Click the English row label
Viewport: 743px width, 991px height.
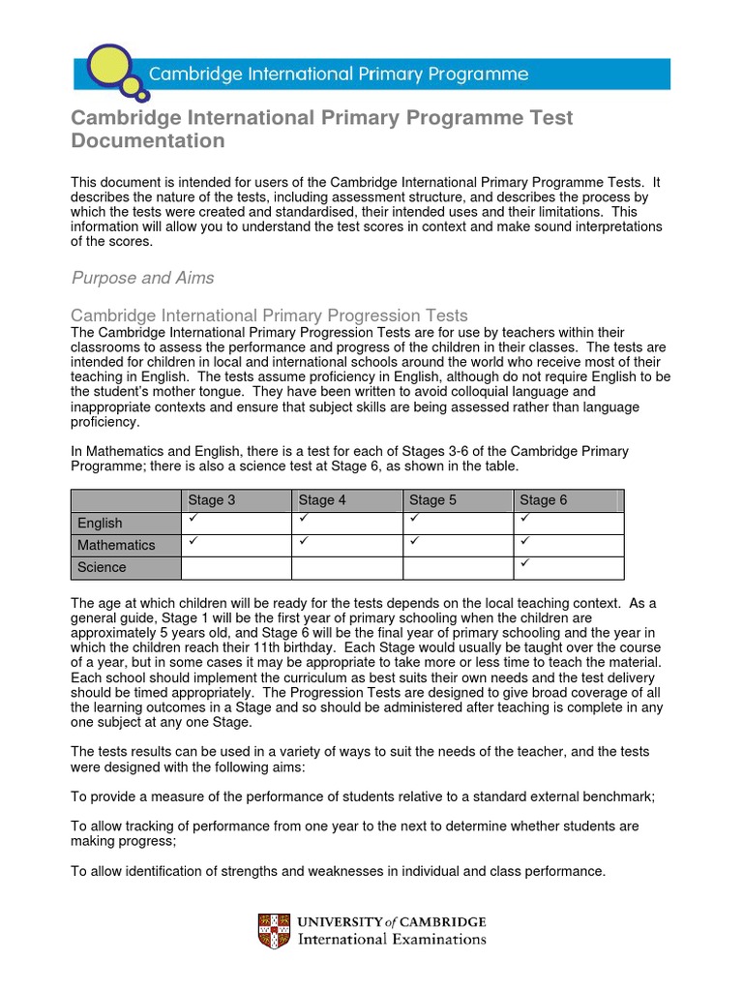(100, 523)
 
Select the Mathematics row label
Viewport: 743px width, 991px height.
(116, 545)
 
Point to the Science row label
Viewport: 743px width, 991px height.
(102, 567)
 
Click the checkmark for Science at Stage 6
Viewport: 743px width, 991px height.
(525, 562)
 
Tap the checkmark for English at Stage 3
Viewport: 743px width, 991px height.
(193, 519)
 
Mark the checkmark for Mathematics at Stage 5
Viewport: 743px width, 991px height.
(414, 540)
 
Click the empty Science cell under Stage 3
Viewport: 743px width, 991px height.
(236, 567)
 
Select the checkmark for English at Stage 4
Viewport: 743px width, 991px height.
(304, 519)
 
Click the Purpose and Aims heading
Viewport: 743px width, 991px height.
(143, 278)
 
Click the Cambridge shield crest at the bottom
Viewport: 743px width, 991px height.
(274, 931)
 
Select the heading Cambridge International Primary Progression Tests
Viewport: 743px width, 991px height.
(270, 315)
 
